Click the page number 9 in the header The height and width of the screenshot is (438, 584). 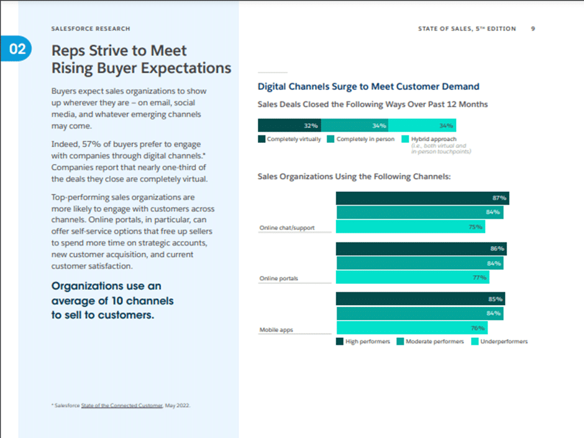coord(534,29)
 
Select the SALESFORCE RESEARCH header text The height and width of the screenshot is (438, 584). coord(91,29)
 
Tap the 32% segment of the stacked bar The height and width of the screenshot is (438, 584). coord(290,125)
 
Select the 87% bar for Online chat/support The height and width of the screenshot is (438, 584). coord(422,198)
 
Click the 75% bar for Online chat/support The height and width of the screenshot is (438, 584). coord(411,227)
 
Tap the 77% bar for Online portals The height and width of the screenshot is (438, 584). coord(413,278)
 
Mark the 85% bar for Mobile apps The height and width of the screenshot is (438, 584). coord(420,299)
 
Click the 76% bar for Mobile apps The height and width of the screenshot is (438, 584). coord(412,328)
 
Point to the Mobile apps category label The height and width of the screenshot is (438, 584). coord(276,330)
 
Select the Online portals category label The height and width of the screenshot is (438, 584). coord(278,278)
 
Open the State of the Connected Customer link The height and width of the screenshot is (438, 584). coord(122,405)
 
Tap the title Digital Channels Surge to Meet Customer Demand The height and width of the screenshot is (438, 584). coord(368,87)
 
